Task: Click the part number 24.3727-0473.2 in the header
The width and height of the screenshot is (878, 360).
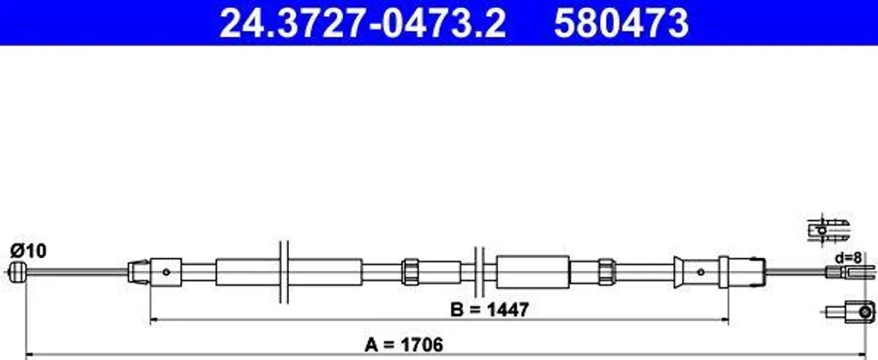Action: coord(363,23)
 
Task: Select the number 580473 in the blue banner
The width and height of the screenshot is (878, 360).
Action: coord(621,23)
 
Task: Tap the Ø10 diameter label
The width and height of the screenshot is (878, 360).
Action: coord(28,251)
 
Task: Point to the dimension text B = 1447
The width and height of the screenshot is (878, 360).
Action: coord(490,309)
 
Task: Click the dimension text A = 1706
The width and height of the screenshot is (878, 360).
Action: coord(404,345)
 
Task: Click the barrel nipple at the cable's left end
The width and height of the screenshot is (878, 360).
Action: coord(18,272)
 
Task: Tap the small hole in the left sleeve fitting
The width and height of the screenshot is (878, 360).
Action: coord(165,272)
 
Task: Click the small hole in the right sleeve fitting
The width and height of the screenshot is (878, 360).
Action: coord(701,272)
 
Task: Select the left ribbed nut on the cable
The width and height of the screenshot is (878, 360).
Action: coord(411,272)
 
